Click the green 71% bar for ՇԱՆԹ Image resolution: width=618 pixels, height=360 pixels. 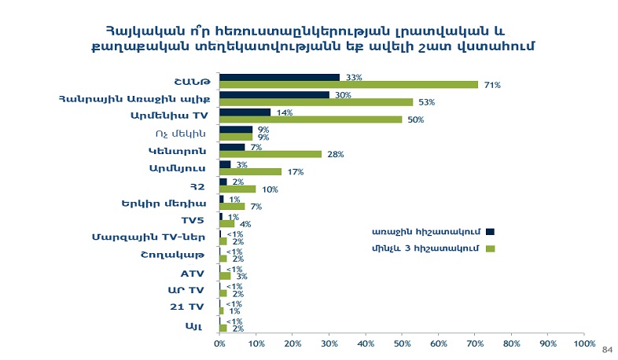click(x=348, y=84)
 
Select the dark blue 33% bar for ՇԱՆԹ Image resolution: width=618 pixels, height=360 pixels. click(x=279, y=77)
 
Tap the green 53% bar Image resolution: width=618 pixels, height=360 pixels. click(x=316, y=102)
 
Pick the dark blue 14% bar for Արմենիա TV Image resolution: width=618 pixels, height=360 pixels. click(x=245, y=112)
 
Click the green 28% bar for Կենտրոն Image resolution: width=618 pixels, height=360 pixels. click(x=270, y=154)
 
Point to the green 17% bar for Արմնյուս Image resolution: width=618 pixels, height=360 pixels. click(x=250, y=171)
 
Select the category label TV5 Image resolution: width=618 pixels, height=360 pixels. click(x=193, y=220)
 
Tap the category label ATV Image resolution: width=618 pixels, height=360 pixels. click(x=193, y=272)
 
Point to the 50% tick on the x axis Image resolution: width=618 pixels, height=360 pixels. click(x=402, y=343)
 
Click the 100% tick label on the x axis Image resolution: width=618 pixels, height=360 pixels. click(x=583, y=343)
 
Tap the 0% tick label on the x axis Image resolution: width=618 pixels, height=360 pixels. click(x=219, y=343)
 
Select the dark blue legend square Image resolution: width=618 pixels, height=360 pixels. click(x=490, y=231)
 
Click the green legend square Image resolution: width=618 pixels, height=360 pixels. click(x=490, y=249)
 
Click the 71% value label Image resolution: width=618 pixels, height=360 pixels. click(x=493, y=84)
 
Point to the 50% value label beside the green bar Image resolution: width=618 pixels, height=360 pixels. click(x=416, y=119)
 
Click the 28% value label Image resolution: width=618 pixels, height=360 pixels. click(x=336, y=154)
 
